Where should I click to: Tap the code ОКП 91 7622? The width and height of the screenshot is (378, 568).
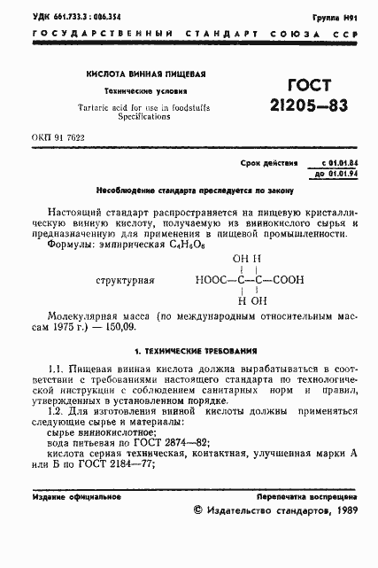click(x=58, y=139)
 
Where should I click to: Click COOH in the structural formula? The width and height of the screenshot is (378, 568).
click(x=284, y=280)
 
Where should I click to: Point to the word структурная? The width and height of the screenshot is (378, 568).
click(x=121, y=280)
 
